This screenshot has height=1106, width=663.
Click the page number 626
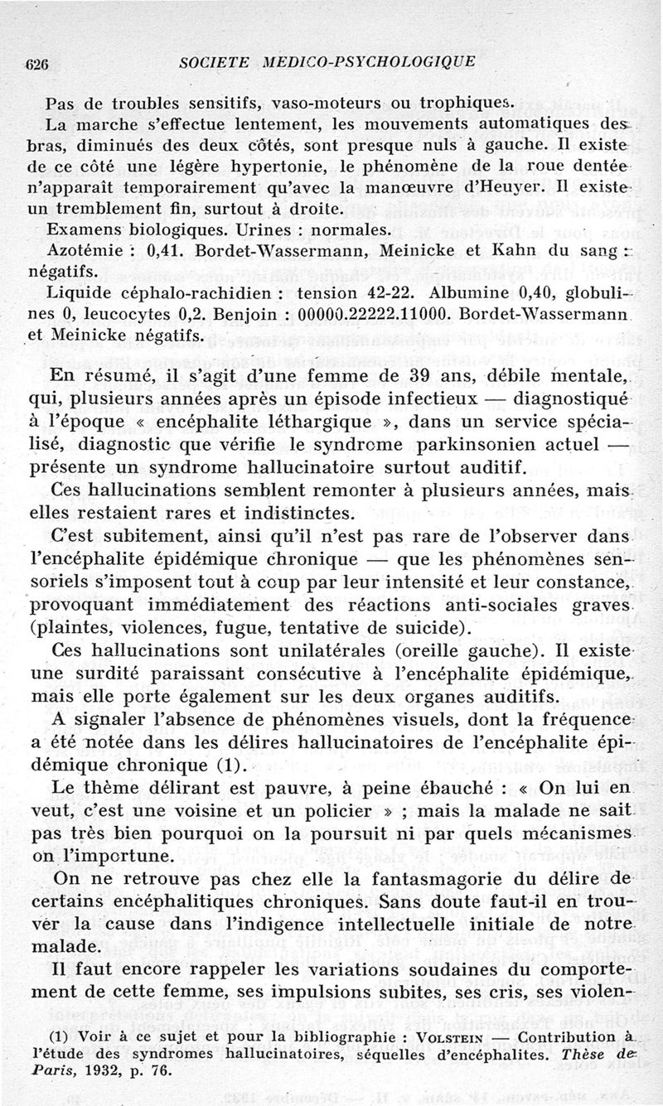click(38, 62)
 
